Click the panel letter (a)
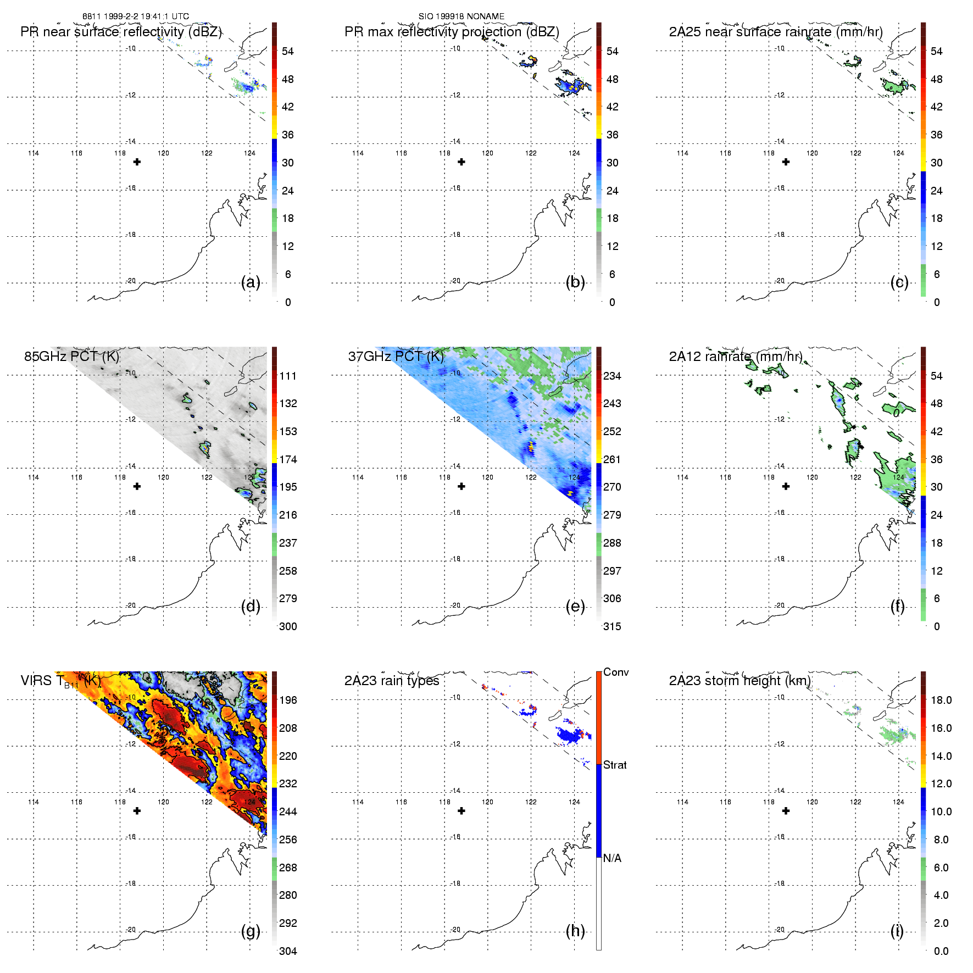tap(251, 282)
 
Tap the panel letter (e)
tap(575, 607)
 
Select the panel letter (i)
tap(897, 931)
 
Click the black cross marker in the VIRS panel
tap(137, 811)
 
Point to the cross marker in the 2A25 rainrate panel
tap(786, 162)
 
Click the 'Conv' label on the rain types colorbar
tap(615, 672)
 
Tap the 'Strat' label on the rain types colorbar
tap(615, 765)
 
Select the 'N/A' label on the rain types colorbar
tap(612, 858)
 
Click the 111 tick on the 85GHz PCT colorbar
tap(288, 376)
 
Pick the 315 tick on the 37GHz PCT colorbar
tap(612, 626)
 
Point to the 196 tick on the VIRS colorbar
tap(288, 700)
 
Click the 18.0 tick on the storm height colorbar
tap(941, 700)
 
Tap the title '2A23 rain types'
tap(392, 681)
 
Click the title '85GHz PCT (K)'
tap(71, 357)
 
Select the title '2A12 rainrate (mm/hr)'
tap(736, 357)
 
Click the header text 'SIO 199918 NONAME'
tap(462, 16)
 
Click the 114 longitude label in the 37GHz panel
tap(358, 477)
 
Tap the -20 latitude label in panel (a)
tap(131, 281)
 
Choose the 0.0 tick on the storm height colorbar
tap(941, 951)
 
